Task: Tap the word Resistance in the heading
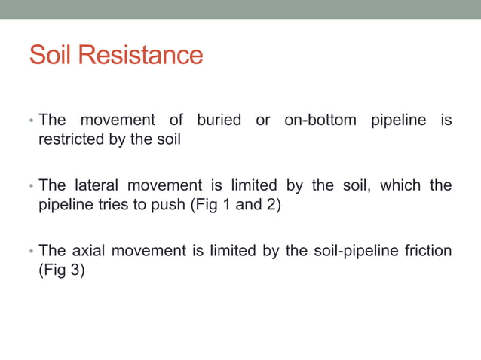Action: pos(139,55)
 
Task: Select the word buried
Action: pos(219,121)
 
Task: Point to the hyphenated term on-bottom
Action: pos(320,121)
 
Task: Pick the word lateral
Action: pos(98,185)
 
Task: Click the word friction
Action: pos(426,251)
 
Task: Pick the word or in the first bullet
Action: pos(263,121)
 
